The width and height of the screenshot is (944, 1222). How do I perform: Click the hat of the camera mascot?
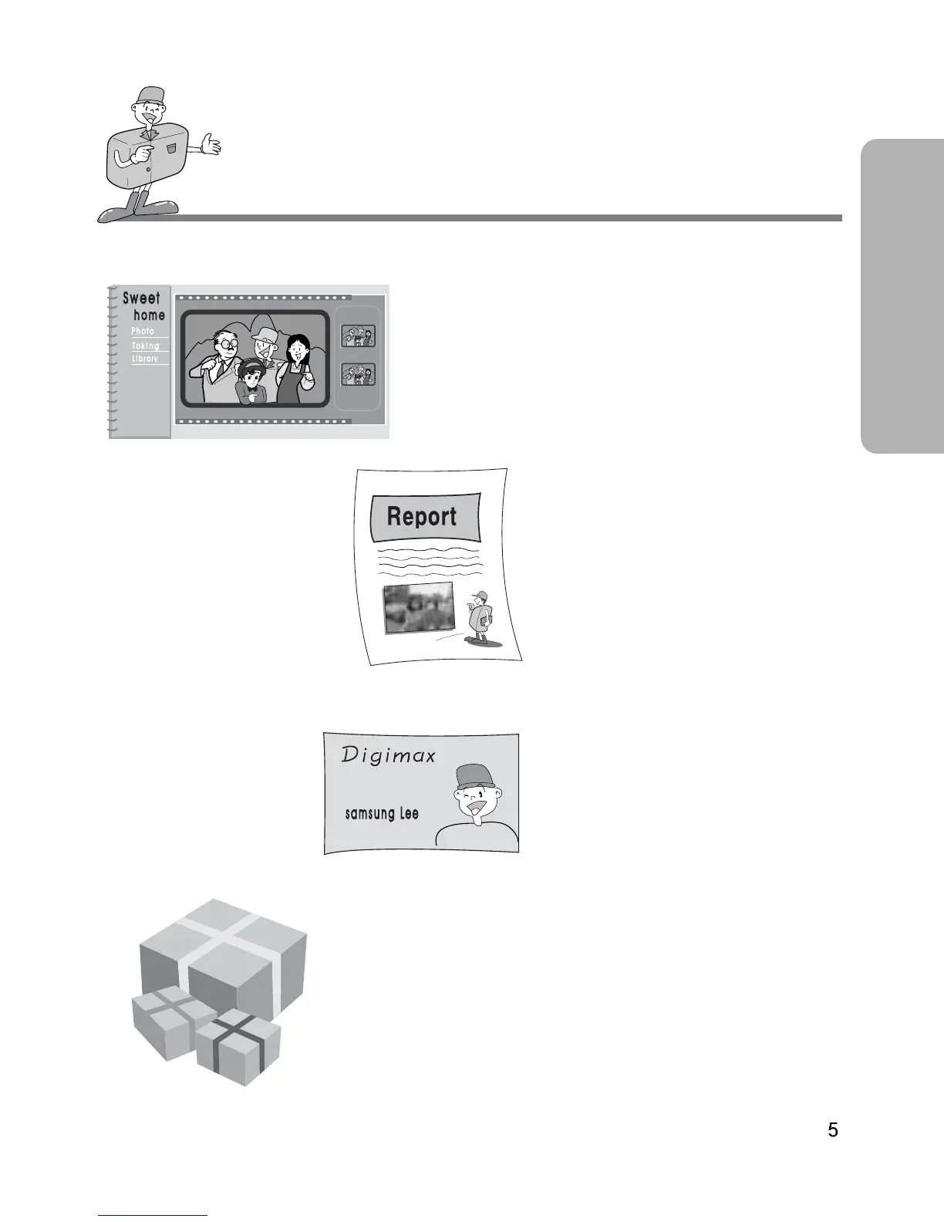coord(150,96)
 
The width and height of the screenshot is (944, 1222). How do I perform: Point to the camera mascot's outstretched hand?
coord(209,144)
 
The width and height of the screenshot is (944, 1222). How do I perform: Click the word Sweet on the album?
coord(141,299)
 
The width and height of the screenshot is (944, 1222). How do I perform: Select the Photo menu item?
coord(143,331)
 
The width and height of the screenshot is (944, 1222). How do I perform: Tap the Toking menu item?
coord(145,346)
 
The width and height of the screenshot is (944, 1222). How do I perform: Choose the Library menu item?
coord(144,359)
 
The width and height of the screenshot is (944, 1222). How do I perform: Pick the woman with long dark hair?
coord(296,366)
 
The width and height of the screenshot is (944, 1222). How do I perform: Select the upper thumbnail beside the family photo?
coord(358,336)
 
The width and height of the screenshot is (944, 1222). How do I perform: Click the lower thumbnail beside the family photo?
coord(358,375)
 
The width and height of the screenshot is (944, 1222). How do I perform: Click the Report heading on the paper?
coord(422,516)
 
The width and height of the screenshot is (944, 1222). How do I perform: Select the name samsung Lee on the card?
coord(382,814)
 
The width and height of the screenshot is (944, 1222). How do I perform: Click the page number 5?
coord(833,1130)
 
